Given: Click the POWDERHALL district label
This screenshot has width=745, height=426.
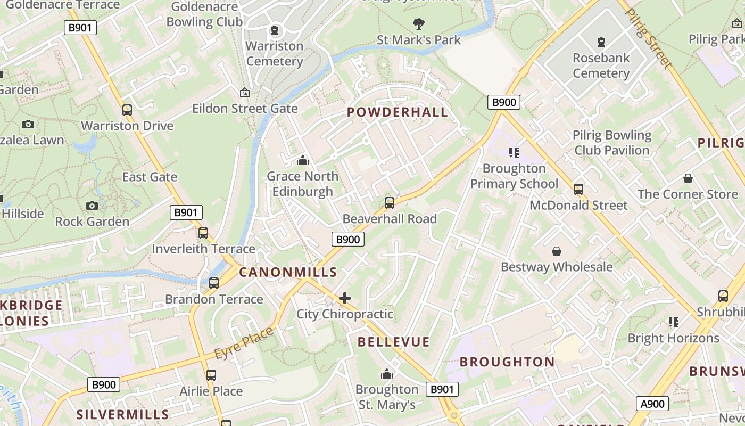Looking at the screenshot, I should pos(397,112).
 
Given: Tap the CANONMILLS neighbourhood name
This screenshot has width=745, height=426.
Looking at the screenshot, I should pos(288,272).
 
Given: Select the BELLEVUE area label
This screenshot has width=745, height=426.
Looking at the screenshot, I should pos(393,342).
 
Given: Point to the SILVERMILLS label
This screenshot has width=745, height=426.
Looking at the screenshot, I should pos(122,414).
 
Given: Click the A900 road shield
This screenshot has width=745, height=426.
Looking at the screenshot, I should pos(652,404).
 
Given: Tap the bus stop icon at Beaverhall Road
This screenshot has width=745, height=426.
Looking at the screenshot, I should pos(390,203).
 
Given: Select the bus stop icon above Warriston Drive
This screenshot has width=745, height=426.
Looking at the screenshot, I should pos(127,110).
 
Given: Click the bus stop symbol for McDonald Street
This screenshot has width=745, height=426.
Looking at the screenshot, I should pos(578,189).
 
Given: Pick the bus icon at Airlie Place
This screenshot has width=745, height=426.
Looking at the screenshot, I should pos(211,375).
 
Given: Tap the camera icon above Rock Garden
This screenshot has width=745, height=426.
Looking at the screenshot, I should pos(92,206).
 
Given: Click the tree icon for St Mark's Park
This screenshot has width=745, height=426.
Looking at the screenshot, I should pos(419,23).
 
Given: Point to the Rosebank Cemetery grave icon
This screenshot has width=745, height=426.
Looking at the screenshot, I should pos(601,42).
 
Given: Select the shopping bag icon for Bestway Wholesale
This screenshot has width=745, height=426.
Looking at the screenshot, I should pos(557,251).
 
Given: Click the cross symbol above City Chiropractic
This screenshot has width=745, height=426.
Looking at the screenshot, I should pos(345,298).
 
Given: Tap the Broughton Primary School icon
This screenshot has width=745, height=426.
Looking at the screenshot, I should pos(514,153).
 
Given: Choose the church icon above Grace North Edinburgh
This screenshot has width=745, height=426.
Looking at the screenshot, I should pos(303,160).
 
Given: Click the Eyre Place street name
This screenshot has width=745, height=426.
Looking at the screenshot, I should pos(244,342).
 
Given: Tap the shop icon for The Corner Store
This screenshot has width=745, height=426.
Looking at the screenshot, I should pos(688,178).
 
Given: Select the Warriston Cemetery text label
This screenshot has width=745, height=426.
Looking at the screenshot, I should pos(275,53).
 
